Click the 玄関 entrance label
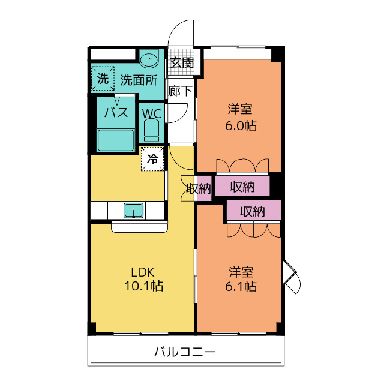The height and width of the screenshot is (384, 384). click(x=181, y=62)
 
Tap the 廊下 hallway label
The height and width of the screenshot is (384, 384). click(x=181, y=91)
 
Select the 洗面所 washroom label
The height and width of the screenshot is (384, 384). click(x=139, y=80)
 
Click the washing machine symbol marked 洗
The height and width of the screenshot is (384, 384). click(x=103, y=79)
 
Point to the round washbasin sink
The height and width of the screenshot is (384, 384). click(x=148, y=59)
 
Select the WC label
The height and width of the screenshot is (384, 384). click(x=151, y=112)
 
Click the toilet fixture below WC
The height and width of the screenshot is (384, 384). click(x=151, y=130)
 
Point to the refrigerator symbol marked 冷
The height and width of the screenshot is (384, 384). click(x=153, y=159)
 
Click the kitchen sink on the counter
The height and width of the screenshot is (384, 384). click(x=133, y=211)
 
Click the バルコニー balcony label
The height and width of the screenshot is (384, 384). click(x=185, y=352)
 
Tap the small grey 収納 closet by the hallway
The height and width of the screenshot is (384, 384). click(x=198, y=188)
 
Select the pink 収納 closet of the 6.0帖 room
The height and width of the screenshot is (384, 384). click(x=242, y=187)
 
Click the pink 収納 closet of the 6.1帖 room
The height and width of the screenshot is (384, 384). click(x=253, y=211)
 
